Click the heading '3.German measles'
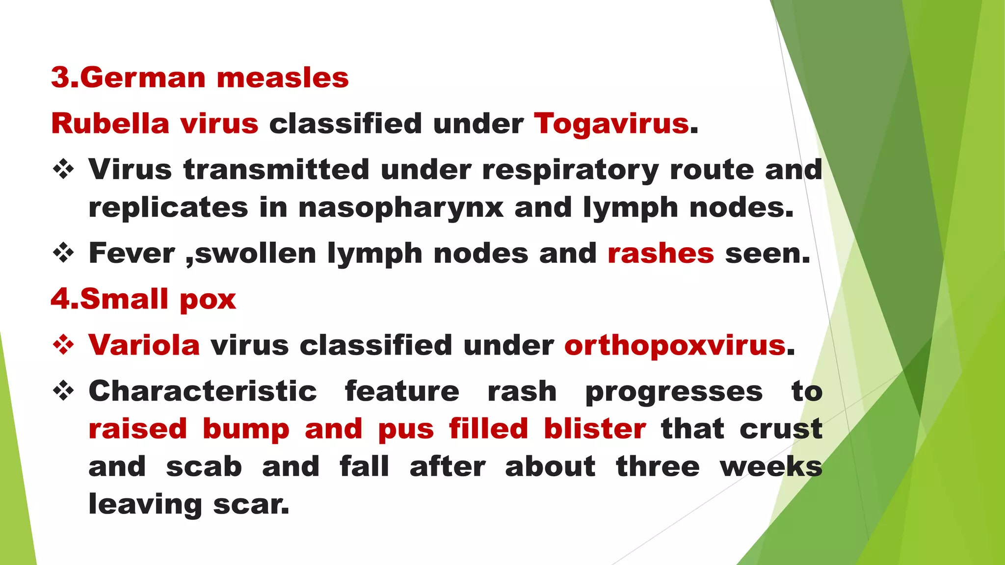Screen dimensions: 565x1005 click(x=200, y=78)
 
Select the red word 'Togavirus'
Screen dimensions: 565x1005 click(x=611, y=123)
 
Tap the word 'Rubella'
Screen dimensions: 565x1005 click(x=110, y=123)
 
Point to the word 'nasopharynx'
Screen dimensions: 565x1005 click(x=400, y=208)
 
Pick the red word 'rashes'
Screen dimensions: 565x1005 click(x=661, y=254)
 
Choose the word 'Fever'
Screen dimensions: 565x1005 click(x=132, y=254)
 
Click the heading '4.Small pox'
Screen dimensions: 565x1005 click(x=143, y=299)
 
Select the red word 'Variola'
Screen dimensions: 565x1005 click(x=144, y=345)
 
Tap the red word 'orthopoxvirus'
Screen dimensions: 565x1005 click(x=675, y=345)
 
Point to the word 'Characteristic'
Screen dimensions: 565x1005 click(x=203, y=391)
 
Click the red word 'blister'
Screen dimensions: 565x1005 click(x=595, y=429)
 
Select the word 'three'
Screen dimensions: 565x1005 click(x=658, y=466)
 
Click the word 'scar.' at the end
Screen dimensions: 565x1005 click(x=251, y=504)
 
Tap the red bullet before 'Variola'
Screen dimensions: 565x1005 click(x=63, y=345)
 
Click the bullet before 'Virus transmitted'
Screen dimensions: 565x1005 click(x=63, y=170)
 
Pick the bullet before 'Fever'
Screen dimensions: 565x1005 click(x=63, y=254)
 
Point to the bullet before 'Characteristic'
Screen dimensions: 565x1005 click(x=63, y=391)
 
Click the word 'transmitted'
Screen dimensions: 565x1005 click(x=276, y=170)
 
